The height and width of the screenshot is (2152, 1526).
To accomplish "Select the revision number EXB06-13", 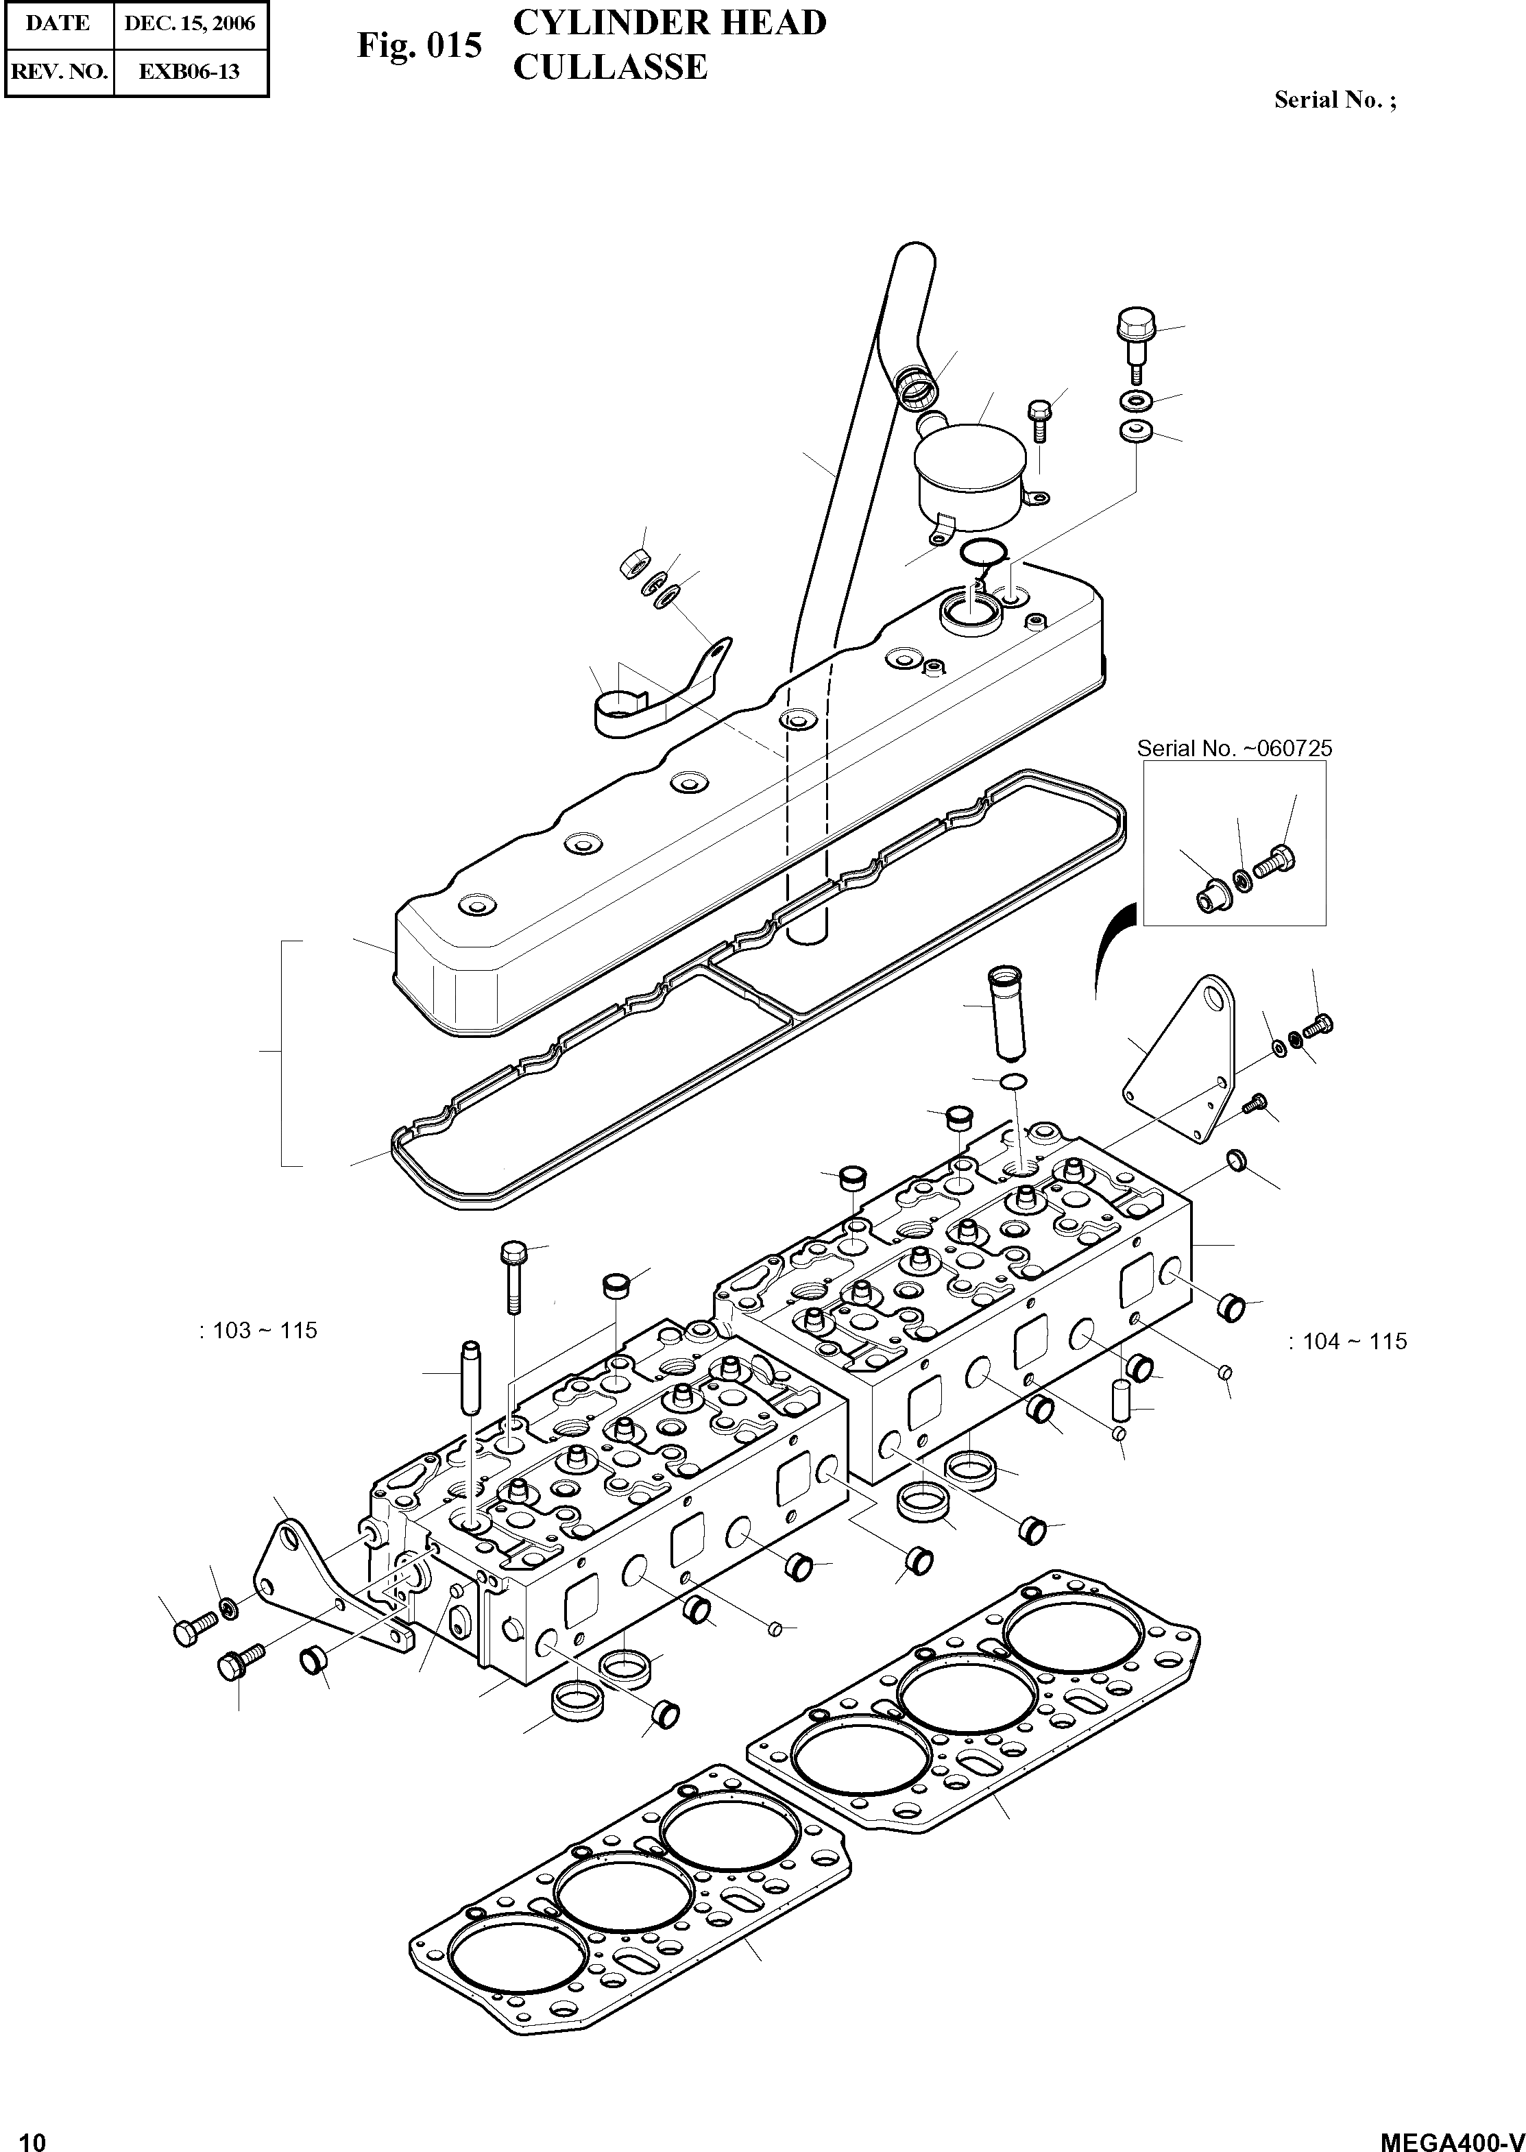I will click(190, 71).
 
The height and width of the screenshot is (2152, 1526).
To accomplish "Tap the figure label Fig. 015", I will click(419, 45).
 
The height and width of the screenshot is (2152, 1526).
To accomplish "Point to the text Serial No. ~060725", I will click(1234, 749).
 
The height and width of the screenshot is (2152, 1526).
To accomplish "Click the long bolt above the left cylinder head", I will click(513, 1277).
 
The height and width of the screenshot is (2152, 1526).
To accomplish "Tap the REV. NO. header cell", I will click(58, 71).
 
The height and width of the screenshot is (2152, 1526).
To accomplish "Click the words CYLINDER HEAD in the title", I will click(669, 23).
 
